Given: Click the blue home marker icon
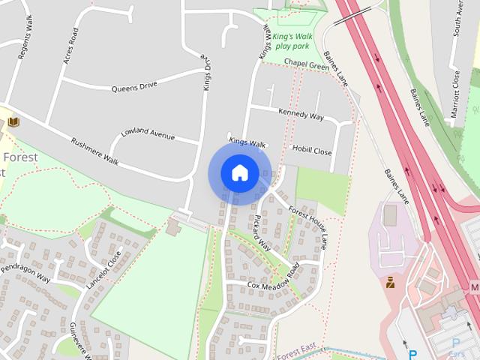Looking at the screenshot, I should pos(240,173).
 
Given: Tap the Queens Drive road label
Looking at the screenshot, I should pos(134,86).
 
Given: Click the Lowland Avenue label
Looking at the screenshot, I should pos(147,135).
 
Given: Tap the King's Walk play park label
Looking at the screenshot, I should pos(292,41).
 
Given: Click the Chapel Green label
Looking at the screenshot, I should pos(307,66).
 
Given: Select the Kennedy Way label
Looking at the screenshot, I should pos(301,115).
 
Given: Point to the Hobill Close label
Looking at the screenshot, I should pos(312,151).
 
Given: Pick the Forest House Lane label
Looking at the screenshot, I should pos(308,226).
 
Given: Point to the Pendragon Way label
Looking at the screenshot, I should pos(25,273).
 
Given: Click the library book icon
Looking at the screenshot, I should pos(13,121).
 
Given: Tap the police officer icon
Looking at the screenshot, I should pos(390,283).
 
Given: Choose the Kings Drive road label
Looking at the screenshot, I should pos(208,73).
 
